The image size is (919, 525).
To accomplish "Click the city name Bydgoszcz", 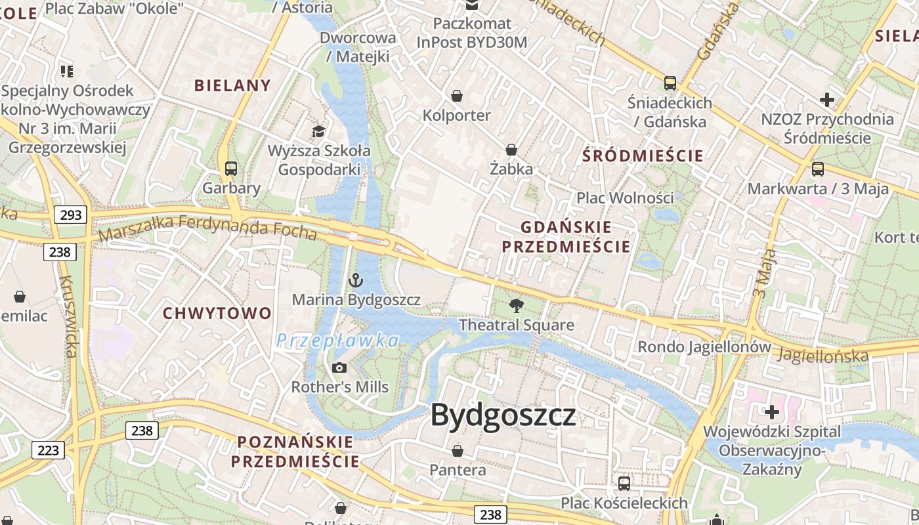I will [503, 415].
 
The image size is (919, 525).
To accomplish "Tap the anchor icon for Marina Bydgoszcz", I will [355, 281].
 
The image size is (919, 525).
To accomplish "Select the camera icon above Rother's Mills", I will [339, 367].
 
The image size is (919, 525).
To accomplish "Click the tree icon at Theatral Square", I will [517, 305].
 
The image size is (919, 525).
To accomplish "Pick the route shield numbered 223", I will [48, 450].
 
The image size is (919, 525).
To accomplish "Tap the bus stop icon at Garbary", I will [231, 169].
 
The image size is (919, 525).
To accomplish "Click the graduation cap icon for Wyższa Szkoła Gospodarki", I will [319, 131].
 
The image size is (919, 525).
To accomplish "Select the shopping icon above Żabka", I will [511, 150].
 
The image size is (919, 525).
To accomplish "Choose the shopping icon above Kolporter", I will [457, 96].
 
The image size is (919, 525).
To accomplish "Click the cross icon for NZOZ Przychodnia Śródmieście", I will [827, 100].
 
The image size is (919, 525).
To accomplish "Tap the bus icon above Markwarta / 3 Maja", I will [818, 169].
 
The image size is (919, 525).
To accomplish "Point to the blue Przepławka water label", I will [337, 341].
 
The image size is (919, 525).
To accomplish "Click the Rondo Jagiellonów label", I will [704, 346].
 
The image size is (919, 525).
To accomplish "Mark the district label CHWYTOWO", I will [217, 313].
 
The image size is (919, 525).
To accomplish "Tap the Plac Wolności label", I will [625, 198].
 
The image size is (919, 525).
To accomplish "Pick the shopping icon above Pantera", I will [458, 451].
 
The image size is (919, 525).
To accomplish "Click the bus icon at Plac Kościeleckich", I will [624, 484].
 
